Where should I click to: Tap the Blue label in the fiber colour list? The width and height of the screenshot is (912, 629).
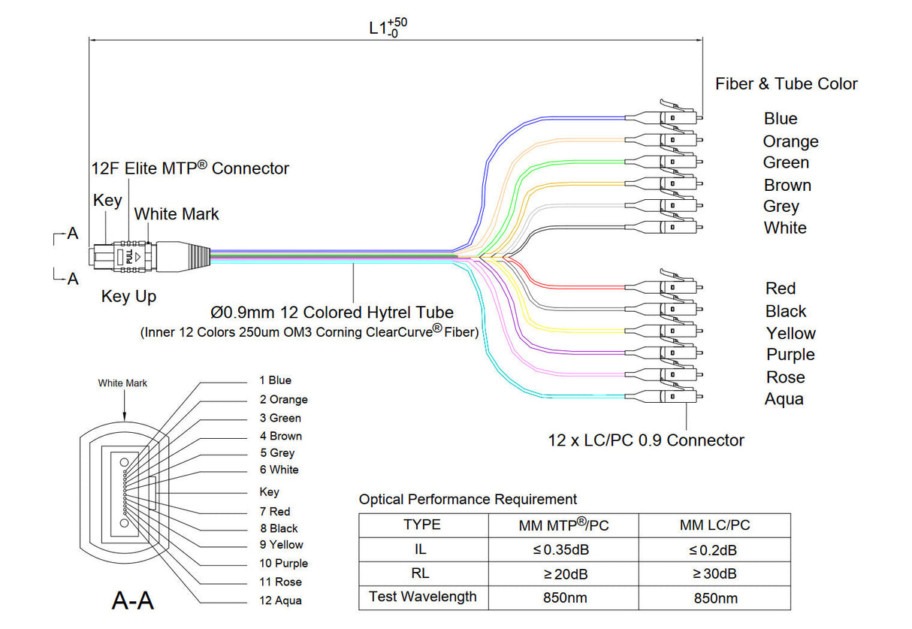click(x=781, y=119)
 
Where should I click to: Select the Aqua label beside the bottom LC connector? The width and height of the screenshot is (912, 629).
click(x=784, y=399)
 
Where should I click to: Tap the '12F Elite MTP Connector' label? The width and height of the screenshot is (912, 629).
click(x=189, y=168)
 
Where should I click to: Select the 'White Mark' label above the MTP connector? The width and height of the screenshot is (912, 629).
click(x=177, y=214)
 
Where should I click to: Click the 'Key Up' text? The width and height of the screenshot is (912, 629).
click(x=128, y=297)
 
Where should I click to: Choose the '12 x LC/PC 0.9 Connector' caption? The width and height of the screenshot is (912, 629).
click(x=646, y=440)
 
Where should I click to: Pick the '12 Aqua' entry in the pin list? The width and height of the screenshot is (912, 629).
click(x=280, y=600)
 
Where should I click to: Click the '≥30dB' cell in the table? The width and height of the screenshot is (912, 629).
click(x=714, y=574)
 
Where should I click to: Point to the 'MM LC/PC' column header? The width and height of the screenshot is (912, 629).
click(x=714, y=525)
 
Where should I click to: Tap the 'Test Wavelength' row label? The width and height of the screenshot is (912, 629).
click(x=423, y=597)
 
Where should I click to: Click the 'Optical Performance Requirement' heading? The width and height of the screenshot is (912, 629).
click(x=468, y=499)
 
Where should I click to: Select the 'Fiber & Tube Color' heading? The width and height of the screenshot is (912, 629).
click(x=786, y=84)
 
